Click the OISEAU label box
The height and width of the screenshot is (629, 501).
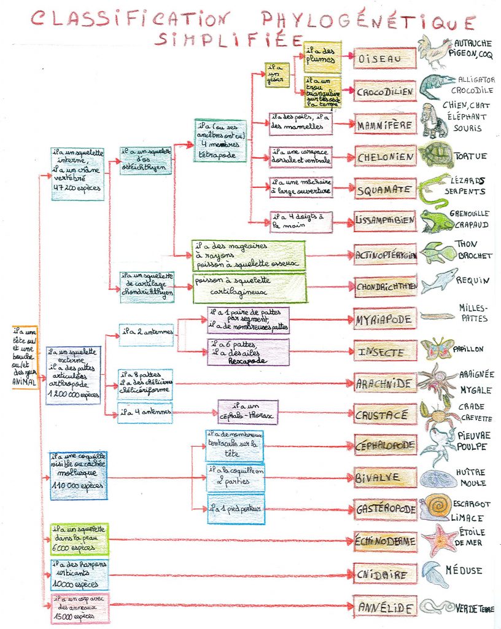pos(385,58)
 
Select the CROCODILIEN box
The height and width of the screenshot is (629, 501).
pos(385,92)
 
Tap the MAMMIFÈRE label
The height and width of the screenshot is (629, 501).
pos(385,125)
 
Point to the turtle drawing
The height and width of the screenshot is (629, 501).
pos(436,155)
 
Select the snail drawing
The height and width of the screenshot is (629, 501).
pos(437,506)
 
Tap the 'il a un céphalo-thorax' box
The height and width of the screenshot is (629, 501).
pos(247,411)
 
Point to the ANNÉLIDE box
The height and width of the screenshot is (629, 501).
pos(385,607)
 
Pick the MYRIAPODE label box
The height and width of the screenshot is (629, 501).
pos(385,319)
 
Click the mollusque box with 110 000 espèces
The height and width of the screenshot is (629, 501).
pos(78,475)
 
